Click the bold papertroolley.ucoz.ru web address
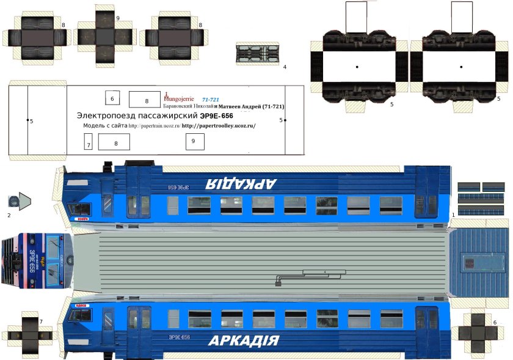tap(219, 126)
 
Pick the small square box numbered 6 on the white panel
tap(112, 98)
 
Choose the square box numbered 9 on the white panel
tap(194, 141)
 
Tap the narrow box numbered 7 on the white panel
tap(89, 142)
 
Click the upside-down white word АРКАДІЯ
tap(241, 182)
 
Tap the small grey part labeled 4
tap(256, 53)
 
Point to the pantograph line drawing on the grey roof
tap(299, 277)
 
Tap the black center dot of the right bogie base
tap(462, 66)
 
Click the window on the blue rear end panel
tap(471, 263)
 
